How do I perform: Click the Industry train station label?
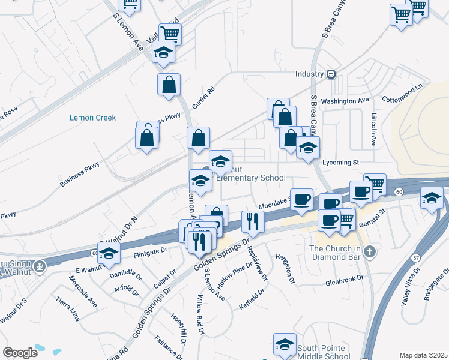309,74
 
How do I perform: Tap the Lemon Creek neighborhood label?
92,118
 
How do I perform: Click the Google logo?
20,353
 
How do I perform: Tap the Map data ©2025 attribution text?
424,355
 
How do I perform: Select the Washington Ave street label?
345,101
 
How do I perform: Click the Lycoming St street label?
340,162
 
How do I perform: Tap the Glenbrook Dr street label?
345,279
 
